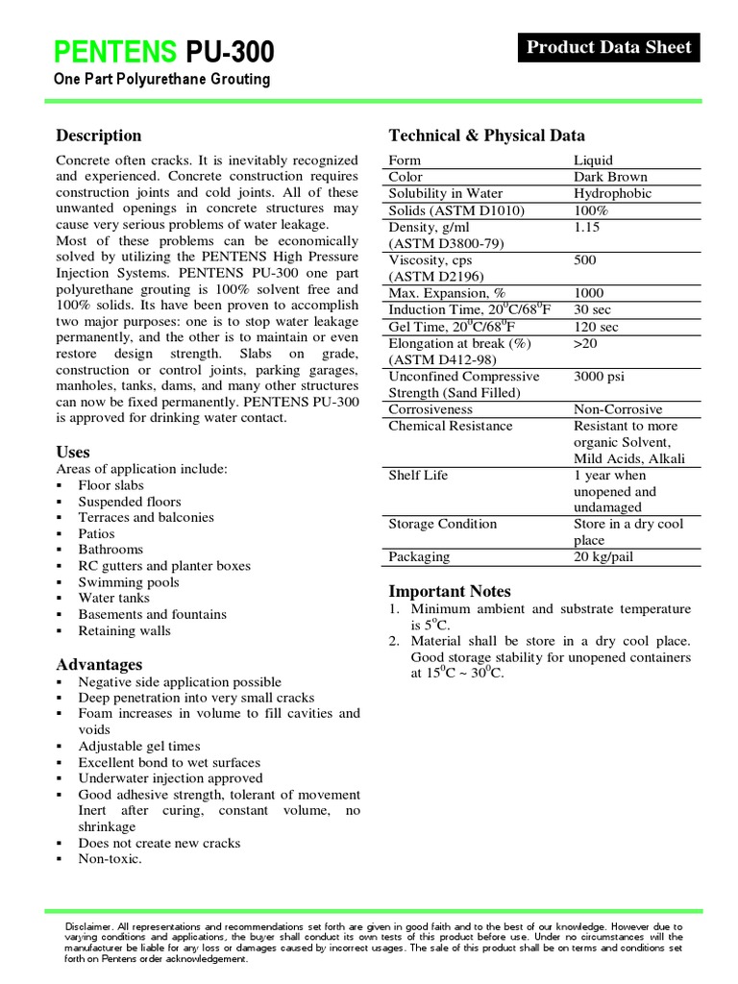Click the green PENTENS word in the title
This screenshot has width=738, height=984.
(x=115, y=51)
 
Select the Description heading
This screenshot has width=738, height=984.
(x=99, y=135)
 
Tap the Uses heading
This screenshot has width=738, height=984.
(x=73, y=452)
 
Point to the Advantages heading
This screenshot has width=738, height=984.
(x=99, y=664)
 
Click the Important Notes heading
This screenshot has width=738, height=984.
(x=450, y=591)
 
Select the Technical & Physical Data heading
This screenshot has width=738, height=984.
(x=486, y=135)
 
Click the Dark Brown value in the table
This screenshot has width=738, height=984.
(x=610, y=177)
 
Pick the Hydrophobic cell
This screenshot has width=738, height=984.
(x=612, y=193)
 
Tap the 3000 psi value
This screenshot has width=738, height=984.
(x=602, y=376)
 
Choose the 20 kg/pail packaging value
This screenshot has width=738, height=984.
(x=603, y=556)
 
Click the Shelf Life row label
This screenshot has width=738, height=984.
(x=419, y=475)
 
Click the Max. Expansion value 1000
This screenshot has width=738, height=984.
(x=589, y=292)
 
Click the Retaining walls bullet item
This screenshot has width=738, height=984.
(x=125, y=630)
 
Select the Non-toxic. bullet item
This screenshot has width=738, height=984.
(x=110, y=859)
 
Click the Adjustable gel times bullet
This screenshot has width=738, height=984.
(x=139, y=746)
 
